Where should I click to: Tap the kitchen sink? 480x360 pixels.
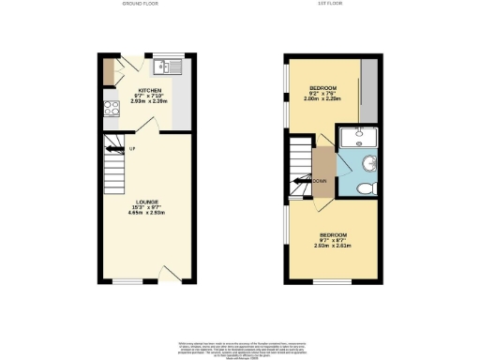point(171,67)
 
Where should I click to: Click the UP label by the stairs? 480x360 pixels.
point(132,151)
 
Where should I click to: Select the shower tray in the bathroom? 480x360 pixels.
point(357,139)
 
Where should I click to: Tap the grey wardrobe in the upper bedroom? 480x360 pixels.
point(368,91)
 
